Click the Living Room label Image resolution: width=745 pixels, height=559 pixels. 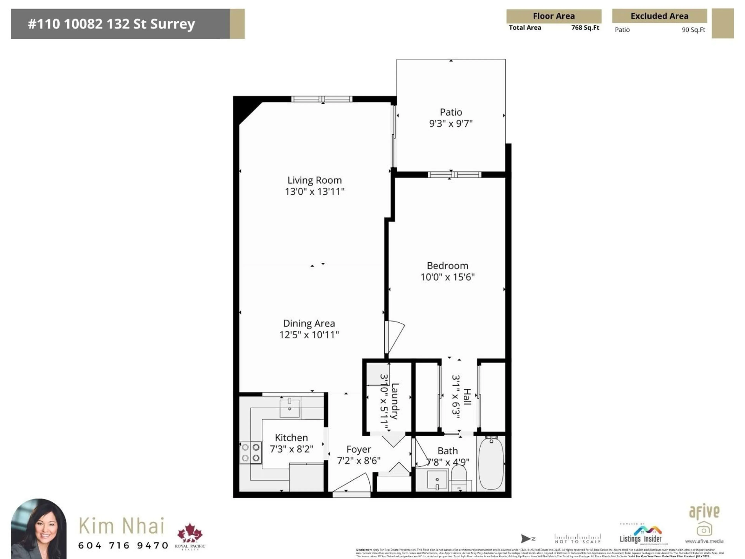pyautogui.click(x=314, y=180)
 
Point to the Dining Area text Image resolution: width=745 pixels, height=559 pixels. pyautogui.click(x=309, y=324)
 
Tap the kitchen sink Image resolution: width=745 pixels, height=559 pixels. pyautogui.click(x=290, y=408)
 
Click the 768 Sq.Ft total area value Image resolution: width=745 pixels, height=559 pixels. pyautogui.click(x=585, y=28)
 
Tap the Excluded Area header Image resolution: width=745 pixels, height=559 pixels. pyautogui.click(x=659, y=16)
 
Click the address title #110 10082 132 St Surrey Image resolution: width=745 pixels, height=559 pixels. pyautogui.click(x=112, y=24)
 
